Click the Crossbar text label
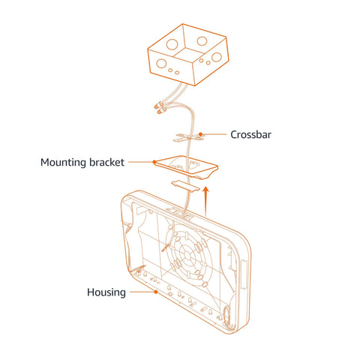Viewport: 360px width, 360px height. [x=250, y=135]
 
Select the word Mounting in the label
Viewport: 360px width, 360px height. [x=64, y=163]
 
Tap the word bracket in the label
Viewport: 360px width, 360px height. [x=106, y=162]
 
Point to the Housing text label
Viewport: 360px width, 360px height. [x=106, y=292]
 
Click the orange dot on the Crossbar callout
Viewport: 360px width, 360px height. [x=200, y=134]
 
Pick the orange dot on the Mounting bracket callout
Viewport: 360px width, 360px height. [x=154, y=162]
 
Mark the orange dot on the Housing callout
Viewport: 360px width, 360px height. [x=156, y=292]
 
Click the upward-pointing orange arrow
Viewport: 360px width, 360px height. [x=205, y=201]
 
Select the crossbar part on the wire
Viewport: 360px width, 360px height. [x=189, y=137]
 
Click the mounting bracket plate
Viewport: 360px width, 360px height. [x=186, y=167]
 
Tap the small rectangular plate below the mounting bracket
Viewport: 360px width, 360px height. [x=185, y=186]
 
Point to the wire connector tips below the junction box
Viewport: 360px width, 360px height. [x=159, y=109]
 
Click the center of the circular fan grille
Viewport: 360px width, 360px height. [x=187, y=255]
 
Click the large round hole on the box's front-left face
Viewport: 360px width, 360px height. [x=161, y=64]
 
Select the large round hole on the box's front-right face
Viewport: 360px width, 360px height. [x=216, y=57]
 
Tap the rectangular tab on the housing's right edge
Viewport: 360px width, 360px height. [x=244, y=275]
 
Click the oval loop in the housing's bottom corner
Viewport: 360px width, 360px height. [x=226, y=316]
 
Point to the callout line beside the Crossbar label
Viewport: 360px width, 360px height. [x=214, y=134]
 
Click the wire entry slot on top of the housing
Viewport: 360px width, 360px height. [x=182, y=213]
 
